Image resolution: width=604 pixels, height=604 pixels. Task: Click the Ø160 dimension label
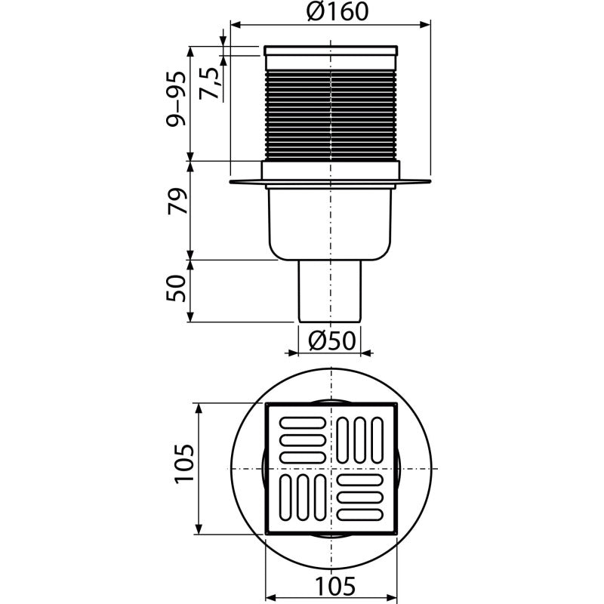pos(337,11)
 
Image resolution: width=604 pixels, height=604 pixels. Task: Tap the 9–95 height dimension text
pos(176,99)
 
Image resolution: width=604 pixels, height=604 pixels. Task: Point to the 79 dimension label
pos(177,201)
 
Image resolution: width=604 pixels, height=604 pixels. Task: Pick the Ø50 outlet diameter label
pos(332,341)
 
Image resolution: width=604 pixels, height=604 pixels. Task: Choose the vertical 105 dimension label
pos(183,464)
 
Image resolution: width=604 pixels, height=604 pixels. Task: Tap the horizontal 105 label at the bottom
pos(335,587)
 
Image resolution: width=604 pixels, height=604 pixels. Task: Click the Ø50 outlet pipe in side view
pos(330,291)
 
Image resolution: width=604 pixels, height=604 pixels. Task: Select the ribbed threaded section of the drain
pos(331,115)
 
